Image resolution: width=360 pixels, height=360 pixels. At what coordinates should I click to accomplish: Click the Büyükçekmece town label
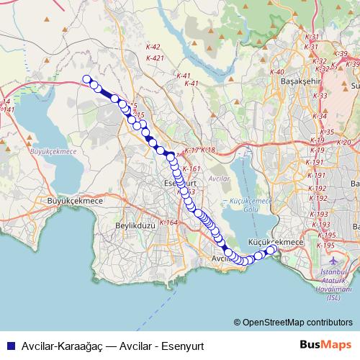pos(74,201)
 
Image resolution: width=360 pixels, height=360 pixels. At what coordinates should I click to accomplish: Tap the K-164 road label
pos(168,222)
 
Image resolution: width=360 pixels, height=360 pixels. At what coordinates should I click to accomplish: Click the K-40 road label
pos(278,72)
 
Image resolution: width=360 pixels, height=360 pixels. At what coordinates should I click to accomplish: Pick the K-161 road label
pos(191,168)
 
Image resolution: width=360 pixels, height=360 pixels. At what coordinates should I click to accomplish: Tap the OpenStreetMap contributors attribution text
pos(297,323)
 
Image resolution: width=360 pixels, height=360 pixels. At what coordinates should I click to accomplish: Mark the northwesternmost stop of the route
pos(87,80)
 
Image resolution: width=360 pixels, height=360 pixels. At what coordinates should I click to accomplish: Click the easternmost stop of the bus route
pos(272,249)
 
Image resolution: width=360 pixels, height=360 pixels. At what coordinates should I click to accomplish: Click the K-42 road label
pos(152,47)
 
